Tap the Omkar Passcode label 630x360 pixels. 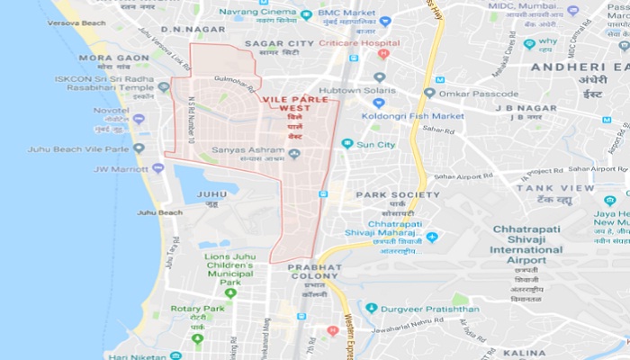[483, 93]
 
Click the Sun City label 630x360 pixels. [375, 143]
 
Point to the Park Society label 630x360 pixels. [398, 193]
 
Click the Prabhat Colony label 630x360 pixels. [315, 267]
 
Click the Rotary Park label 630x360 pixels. [197, 309]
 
